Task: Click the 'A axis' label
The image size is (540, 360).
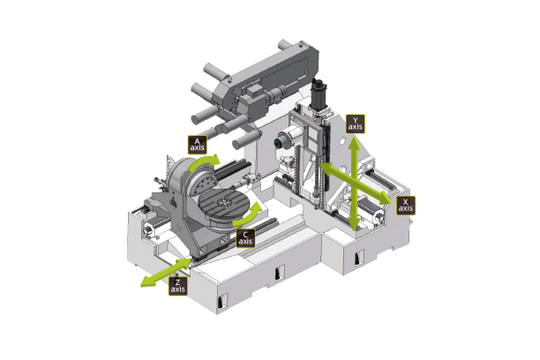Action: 197,143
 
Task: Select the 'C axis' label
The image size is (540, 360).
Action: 246,237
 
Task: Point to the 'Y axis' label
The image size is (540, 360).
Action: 355,123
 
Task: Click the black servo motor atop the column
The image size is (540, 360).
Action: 320,90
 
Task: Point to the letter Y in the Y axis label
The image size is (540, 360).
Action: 355,118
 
